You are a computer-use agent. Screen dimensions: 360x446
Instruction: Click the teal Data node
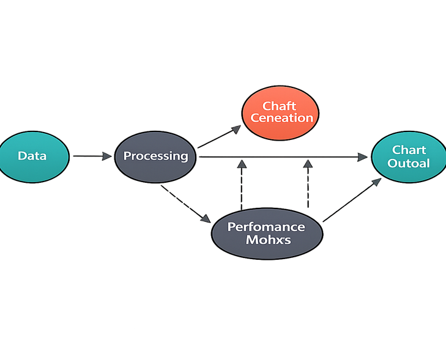click(x=32, y=156)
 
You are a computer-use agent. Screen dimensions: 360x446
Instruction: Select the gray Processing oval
click(x=155, y=156)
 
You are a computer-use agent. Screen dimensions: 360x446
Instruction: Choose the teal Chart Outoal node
click(x=409, y=156)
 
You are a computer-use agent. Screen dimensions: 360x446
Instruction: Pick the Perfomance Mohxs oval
click(x=266, y=233)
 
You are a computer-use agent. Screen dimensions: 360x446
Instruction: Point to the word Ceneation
click(x=282, y=117)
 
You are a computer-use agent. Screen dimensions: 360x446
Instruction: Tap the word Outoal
click(x=409, y=164)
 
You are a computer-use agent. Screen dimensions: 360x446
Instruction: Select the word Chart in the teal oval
click(x=409, y=150)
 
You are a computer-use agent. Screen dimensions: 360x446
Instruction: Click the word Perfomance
click(x=266, y=226)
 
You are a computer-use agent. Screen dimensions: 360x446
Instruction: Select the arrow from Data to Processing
click(x=92, y=157)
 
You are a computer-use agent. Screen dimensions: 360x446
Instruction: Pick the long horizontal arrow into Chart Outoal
click(x=281, y=157)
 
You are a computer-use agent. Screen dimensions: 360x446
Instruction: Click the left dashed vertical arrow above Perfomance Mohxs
click(x=242, y=183)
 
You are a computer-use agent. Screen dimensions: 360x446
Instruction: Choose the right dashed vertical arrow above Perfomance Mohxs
click(x=308, y=183)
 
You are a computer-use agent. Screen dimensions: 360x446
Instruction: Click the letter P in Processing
click(x=127, y=156)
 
